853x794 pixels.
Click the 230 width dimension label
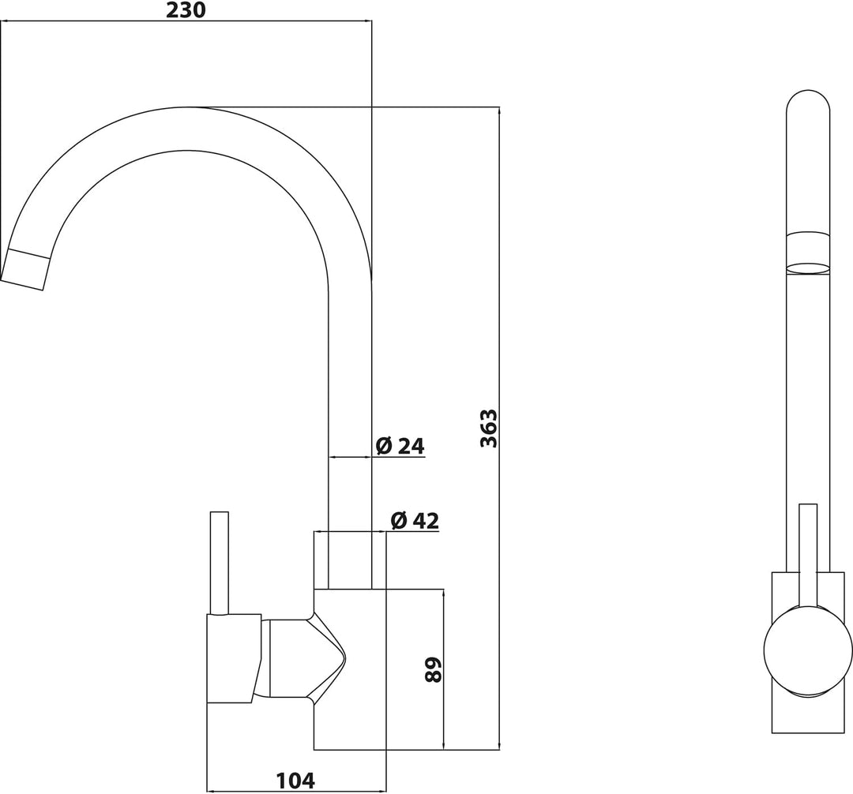(186, 9)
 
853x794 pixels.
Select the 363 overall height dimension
(489, 429)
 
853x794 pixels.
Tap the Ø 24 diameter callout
(400, 446)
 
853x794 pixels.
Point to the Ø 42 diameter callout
(415, 521)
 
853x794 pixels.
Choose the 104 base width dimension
(295, 781)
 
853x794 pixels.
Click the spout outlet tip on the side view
(24, 270)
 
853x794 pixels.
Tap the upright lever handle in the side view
(220, 563)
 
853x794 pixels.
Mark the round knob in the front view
(808, 650)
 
